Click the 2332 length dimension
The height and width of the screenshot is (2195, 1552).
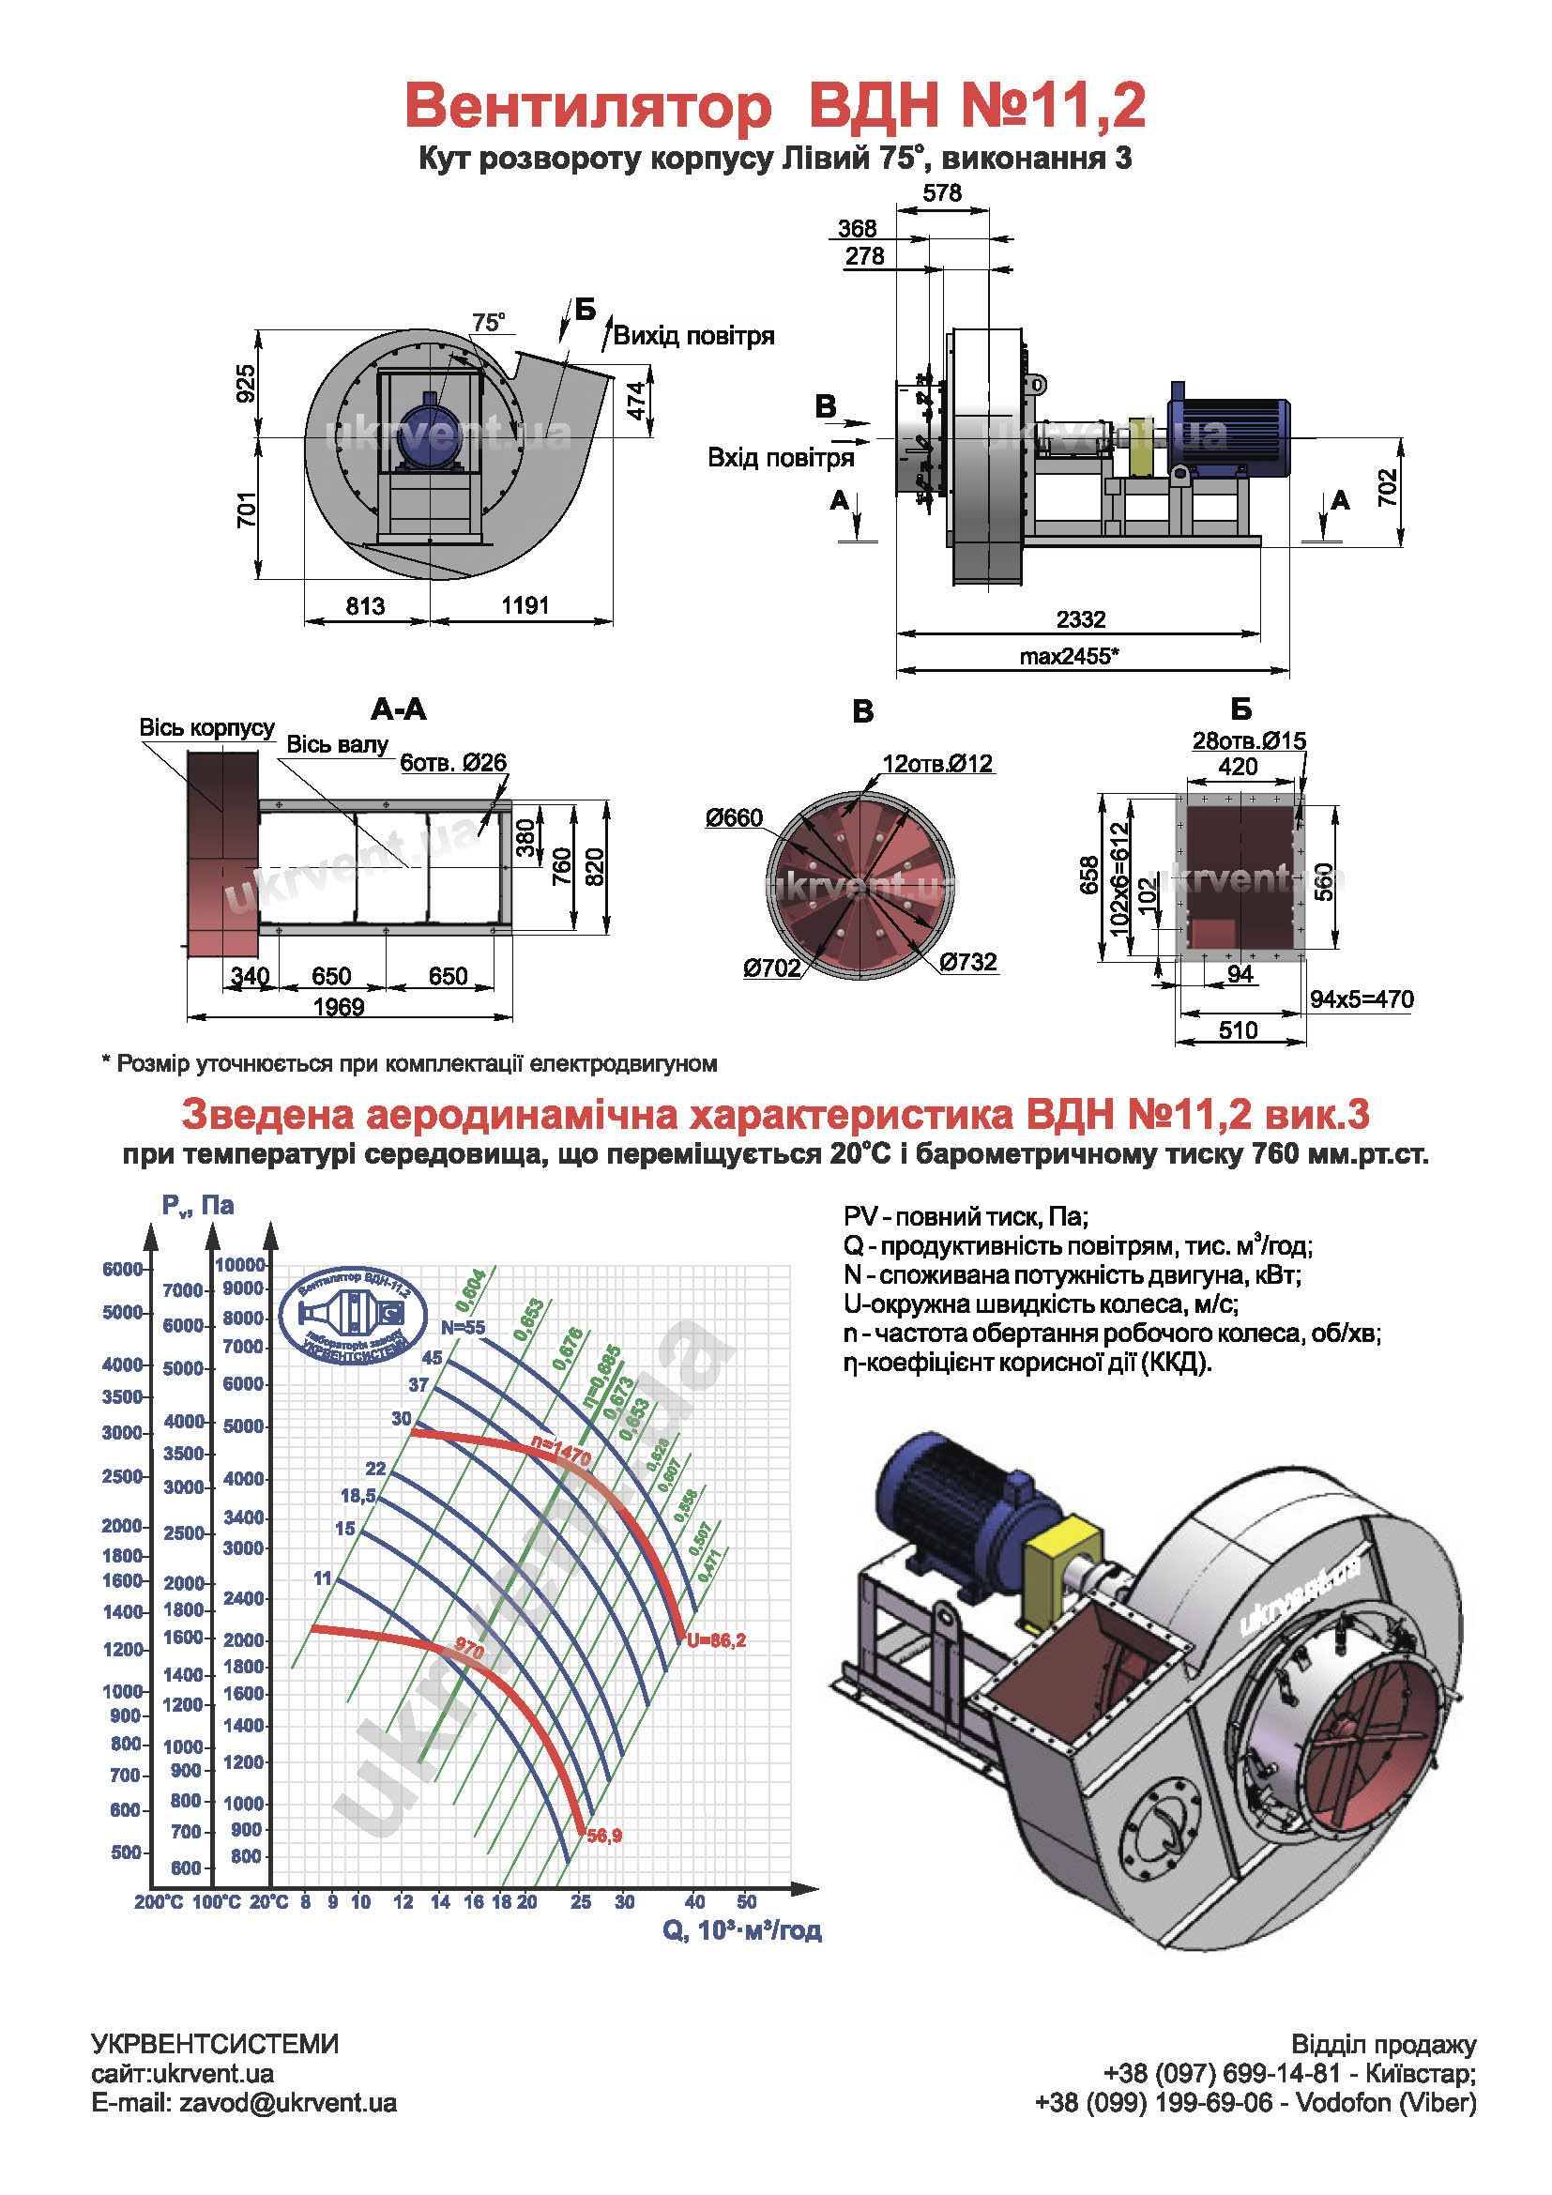(1080, 619)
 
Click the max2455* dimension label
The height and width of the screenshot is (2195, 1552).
(1069, 656)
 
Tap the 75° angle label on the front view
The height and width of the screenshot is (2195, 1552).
(488, 322)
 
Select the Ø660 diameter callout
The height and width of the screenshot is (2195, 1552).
(734, 817)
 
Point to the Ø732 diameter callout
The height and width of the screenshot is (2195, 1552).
(967, 962)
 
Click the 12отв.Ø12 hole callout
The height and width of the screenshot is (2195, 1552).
(937, 764)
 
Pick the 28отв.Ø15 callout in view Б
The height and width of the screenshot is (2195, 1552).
(1249, 741)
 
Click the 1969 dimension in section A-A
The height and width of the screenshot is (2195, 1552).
(339, 1007)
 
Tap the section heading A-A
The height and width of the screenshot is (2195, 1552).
(399, 709)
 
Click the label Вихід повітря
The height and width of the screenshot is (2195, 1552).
(693, 336)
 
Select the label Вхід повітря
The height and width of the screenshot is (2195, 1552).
(780, 458)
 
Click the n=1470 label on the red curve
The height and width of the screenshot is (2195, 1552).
(561, 1451)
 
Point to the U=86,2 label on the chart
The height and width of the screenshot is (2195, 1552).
(716, 1640)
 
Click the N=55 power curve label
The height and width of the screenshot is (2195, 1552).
(463, 1327)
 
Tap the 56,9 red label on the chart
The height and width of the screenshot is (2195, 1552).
(604, 1836)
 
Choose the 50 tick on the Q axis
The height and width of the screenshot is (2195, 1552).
(746, 1901)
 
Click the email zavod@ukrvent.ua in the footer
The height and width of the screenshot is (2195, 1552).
(288, 2102)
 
